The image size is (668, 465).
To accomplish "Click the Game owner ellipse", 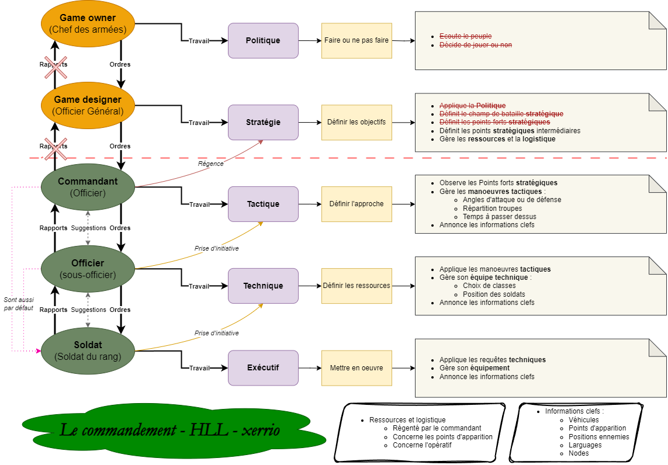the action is tap(88, 23).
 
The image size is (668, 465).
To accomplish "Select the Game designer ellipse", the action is tap(88, 105).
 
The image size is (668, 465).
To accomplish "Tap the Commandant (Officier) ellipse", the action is tap(88, 187).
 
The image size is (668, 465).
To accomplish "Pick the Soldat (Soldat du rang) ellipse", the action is tap(88, 351).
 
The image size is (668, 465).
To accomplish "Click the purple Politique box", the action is tap(263, 40).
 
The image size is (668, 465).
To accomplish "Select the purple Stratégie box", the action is tap(263, 122).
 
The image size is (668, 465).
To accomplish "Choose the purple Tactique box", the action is tap(263, 204).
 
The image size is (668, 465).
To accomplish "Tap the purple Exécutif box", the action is tap(263, 368).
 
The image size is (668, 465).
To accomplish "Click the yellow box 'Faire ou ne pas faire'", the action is tap(357, 40).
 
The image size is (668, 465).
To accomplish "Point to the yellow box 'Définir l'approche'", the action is tap(357, 204).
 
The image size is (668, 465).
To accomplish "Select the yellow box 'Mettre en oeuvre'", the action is tap(357, 368).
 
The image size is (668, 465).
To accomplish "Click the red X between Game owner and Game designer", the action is tap(56, 68).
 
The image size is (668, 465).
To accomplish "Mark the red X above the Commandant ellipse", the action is tap(56, 149).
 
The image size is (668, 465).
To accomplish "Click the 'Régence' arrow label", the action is tap(210, 164).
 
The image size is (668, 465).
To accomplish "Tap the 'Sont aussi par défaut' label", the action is tap(19, 304).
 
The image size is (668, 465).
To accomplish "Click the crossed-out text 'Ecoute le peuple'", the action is tap(466, 36).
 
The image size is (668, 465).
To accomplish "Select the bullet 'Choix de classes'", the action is tap(489, 286).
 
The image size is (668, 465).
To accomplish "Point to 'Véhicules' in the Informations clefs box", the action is tap(584, 420).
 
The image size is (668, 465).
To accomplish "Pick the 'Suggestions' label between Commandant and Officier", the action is tap(89, 228).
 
